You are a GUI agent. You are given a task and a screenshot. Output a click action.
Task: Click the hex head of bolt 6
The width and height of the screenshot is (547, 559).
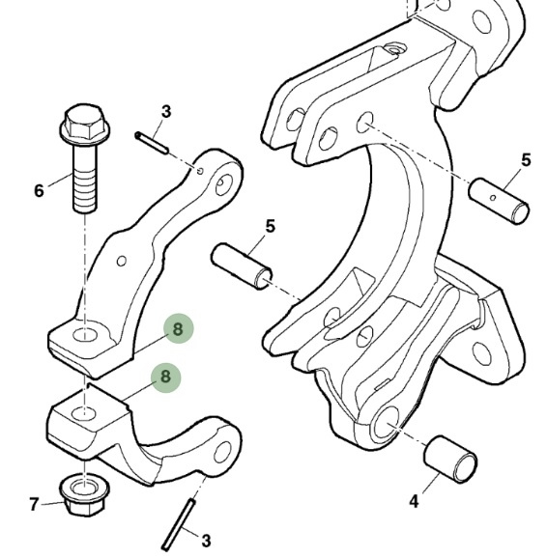tap(85, 124)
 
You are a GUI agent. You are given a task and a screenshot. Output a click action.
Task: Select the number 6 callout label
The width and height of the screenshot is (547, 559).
tap(40, 190)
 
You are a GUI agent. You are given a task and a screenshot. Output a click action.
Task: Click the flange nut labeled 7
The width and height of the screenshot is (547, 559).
tap(85, 495)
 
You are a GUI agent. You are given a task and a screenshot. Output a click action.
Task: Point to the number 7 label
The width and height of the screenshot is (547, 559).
tap(34, 504)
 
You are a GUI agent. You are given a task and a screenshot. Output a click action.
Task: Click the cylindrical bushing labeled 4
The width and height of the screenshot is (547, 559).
tap(450, 459)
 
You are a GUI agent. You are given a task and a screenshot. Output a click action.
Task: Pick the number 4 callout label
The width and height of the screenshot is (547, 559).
tap(414, 502)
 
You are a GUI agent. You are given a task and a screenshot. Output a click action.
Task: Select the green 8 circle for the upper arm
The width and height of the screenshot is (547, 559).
tap(179, 328)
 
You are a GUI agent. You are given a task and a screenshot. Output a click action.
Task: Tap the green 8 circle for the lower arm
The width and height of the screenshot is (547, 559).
tap(165, 377)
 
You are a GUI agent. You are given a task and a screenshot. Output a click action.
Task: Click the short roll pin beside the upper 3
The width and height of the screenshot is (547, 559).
tap(151, 143)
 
